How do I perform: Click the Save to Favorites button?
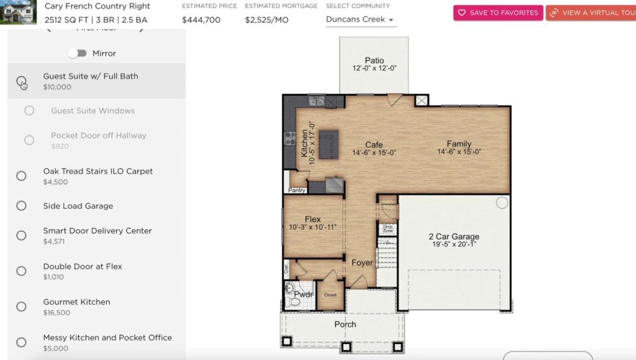(x=498, y=12)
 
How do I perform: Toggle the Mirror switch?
(x=78, y=53)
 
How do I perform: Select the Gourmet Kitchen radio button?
(x=21, y=306)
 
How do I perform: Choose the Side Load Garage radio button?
(x=21, y=206)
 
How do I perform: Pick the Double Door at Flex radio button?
(x=21, y=271)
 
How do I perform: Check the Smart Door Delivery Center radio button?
(x=21, y=235)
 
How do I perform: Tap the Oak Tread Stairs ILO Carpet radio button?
(x=21, y=175)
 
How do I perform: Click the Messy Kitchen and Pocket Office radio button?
(x=21, y=342)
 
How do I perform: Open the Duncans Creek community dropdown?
(x=360, y=19)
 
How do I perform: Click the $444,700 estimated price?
(x=201, y=20)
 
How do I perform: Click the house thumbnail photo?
(x=18, y=12)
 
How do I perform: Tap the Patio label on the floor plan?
(x=374, y=60)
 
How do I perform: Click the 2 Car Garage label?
(x=454, y=237)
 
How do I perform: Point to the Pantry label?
(x=297, y=190)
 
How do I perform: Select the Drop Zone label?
(x=388, y=229)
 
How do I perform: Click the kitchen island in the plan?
(x=329, y=144)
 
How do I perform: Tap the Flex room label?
(x=313, y=219)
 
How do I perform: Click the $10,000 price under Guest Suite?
(x=57, y=87)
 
